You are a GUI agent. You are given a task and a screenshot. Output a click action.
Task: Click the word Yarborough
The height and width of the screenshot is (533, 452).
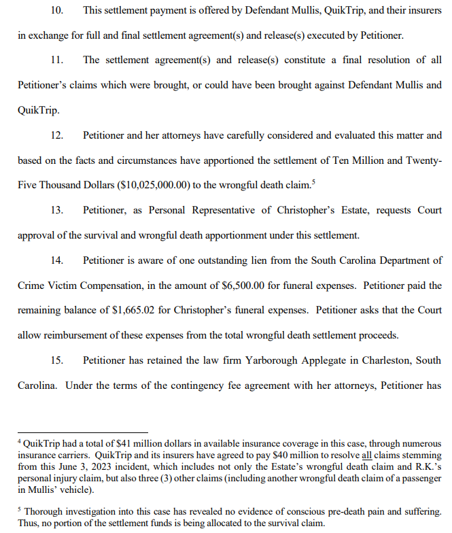point(285,360)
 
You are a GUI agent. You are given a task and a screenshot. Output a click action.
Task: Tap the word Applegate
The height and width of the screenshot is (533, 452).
point(340,360)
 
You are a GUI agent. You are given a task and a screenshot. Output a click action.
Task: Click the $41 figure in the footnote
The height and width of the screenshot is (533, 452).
point(115,443)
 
